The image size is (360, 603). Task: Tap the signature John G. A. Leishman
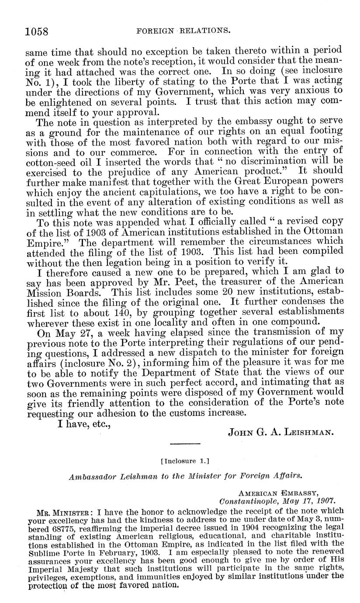pyautogui.click(x=281, y=433)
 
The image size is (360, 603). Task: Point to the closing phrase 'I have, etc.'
pyautogui.click(x=84, y=423)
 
